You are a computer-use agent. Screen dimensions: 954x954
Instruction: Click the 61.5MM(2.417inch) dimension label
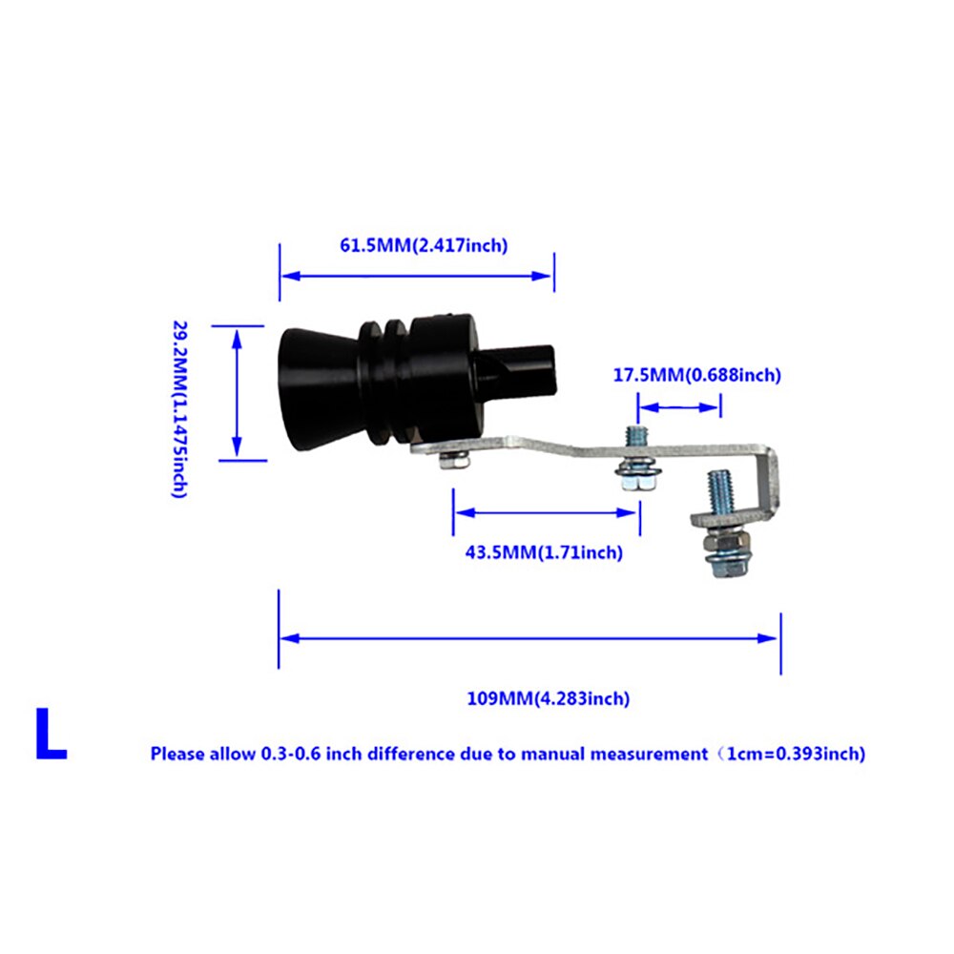pyautogui.click(x=424, y=246)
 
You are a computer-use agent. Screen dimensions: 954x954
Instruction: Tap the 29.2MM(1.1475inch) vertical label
pyautogui.click(x=180, y=409)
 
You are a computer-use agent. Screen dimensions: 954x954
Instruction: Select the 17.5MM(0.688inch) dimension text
pyautogui.click(x=696, y=375)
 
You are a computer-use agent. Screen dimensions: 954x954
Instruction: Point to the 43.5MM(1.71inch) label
pyautogui.click(x=544, y=553)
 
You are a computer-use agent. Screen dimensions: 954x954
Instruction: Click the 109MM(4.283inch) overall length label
pyautogui.click(x=548, y=698)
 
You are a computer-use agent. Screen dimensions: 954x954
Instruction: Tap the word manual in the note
pyautogui.click(x=553, y=755)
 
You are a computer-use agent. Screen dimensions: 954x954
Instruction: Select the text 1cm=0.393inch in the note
pyautogui.click(x=796, y=755)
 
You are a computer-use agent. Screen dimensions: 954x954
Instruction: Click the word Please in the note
pyautogui.click(x=177, y=755)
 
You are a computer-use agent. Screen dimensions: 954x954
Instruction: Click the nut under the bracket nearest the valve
pyautogui.click(x=454, y=462)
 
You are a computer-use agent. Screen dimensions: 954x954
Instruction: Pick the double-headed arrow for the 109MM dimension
pyautogui.click(x=529, y=638)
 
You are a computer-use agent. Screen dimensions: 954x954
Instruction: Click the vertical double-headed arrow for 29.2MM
pyautogui.click(x=238, y=393)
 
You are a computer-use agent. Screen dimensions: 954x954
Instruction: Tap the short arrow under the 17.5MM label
pyautogui.click(x=679, y=407)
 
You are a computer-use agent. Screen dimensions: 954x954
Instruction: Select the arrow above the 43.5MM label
pyautogui.click(x=546, y=513)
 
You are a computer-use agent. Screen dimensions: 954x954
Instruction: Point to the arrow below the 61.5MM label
pyautogui.click(x=417, y=276)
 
